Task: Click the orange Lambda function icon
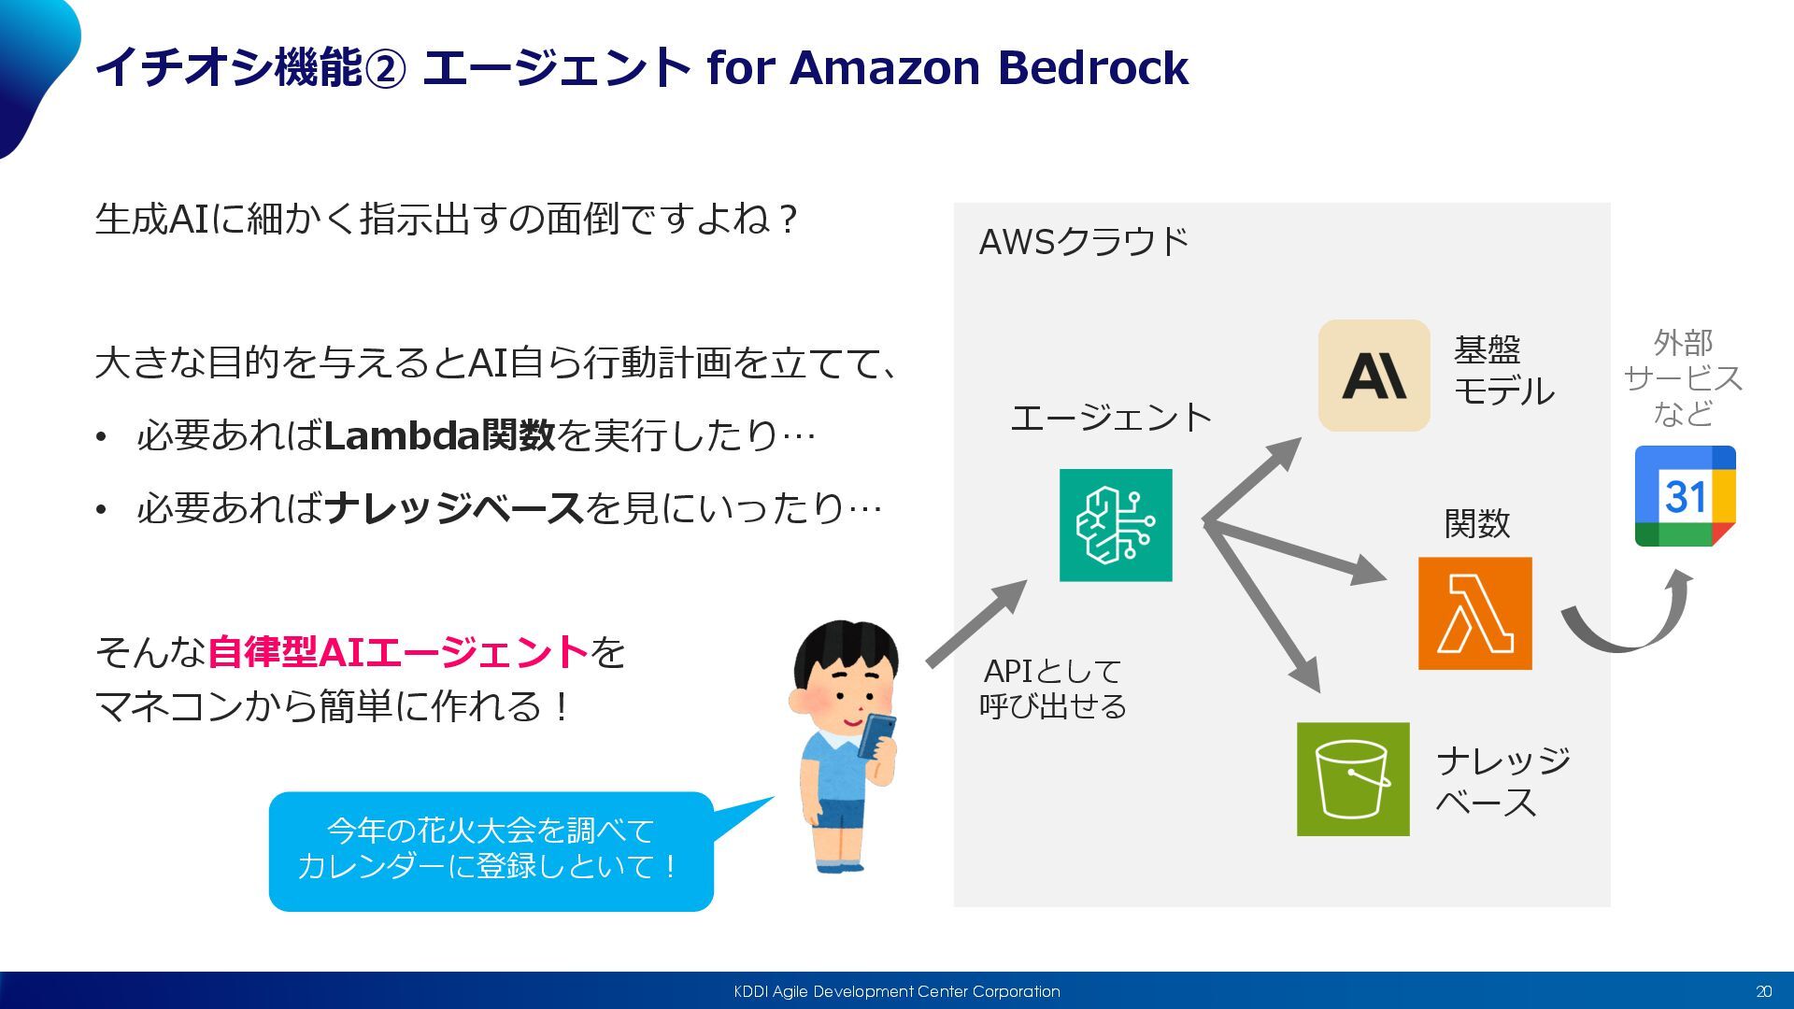[x=1474, y=613]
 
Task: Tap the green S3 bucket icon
[x=1353, y=778]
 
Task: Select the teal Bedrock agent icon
[x=1116, y=525]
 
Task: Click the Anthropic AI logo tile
[x=1374, y=376]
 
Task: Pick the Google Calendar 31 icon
[x=1685, y=496]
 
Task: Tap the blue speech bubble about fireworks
[x=491, y=850]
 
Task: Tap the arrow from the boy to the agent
[x=976, y=623]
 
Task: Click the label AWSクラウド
[x=1083, y=242]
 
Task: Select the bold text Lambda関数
[x=439, y=435]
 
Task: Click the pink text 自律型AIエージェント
[x=397, y=652]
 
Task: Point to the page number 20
[x=1763, y=991]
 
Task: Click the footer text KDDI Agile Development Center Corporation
[x=897, y=991]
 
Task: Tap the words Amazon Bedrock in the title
[x=989, y=67]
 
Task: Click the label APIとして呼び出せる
[x=1053, y=689]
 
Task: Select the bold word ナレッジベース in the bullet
[x=454, y=508]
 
